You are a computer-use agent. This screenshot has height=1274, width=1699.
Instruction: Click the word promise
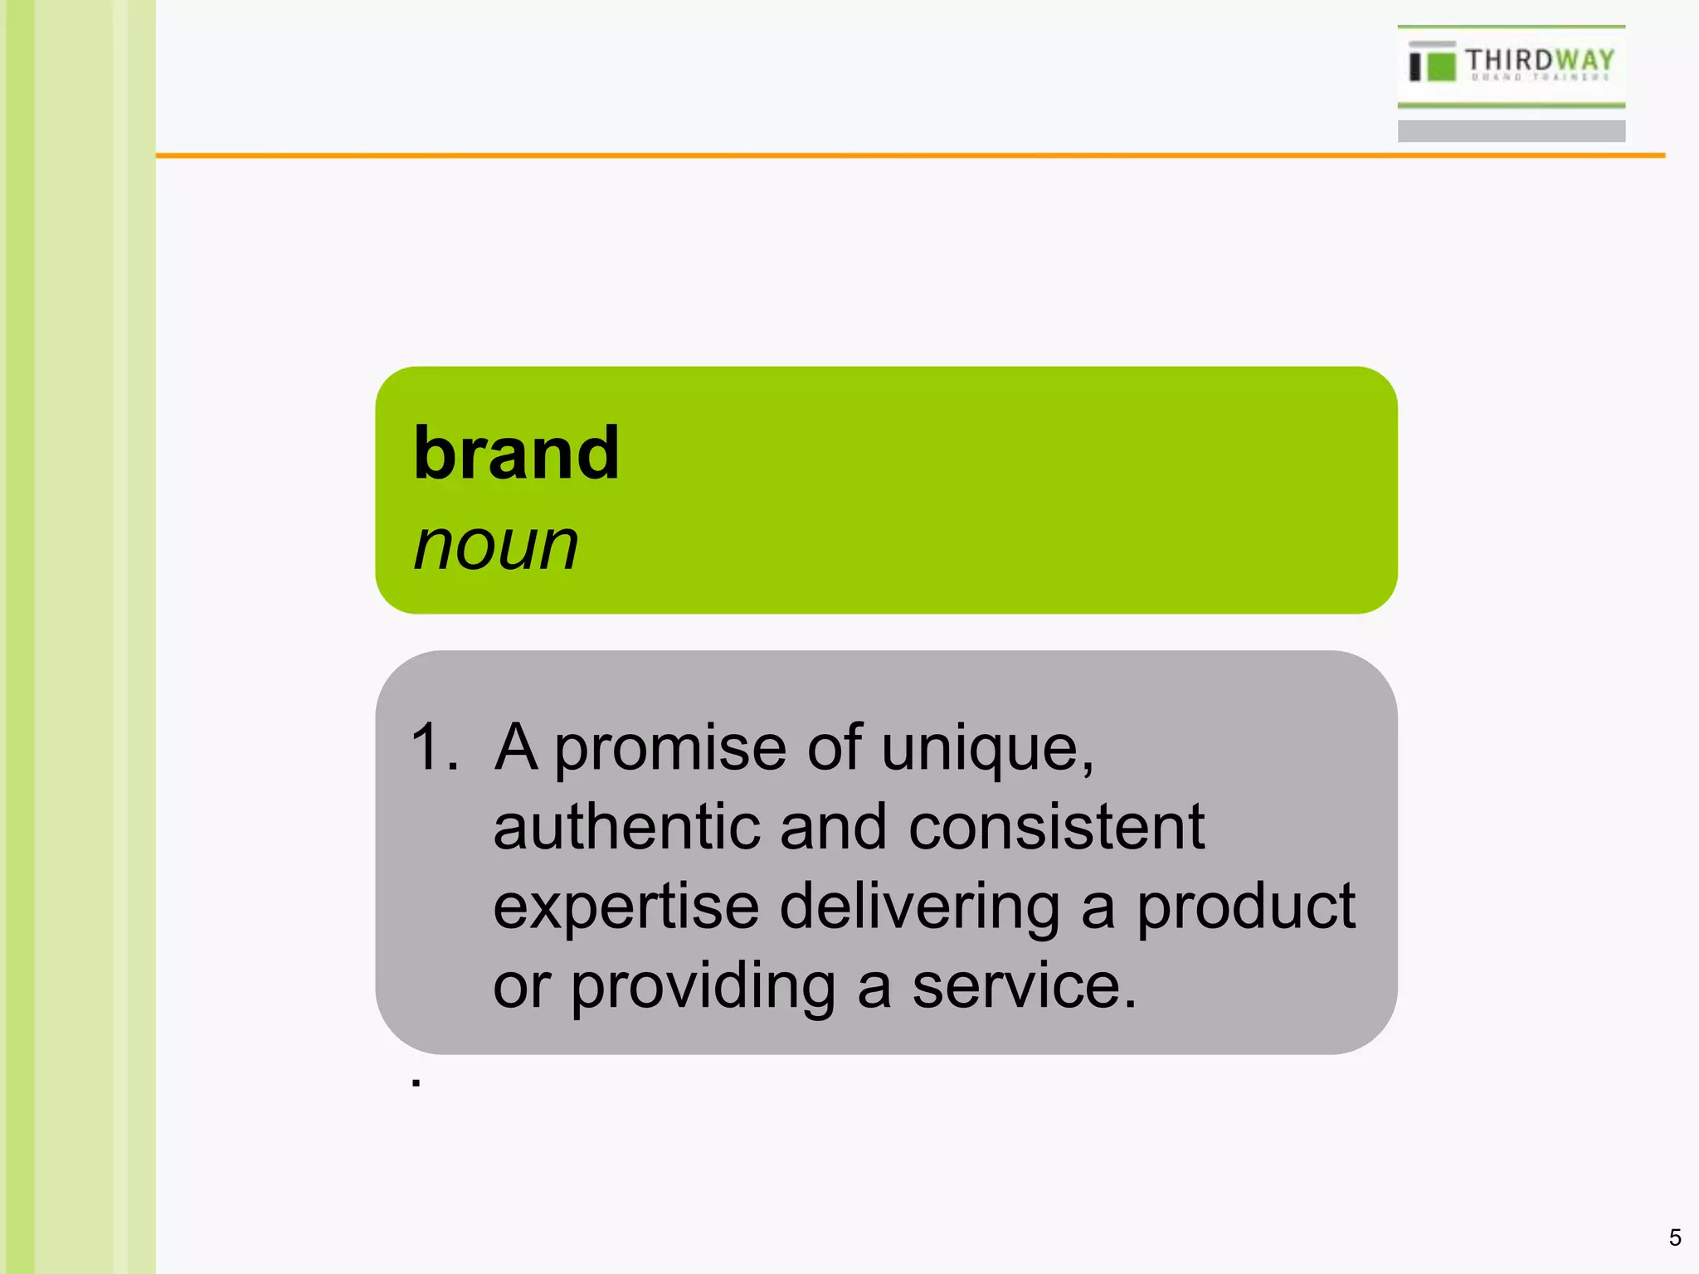coord(670,748)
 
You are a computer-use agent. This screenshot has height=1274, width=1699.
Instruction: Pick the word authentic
coord(626,827)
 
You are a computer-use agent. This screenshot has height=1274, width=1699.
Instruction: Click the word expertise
coord(626,907)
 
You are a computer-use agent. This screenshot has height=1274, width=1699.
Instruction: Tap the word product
coord(1245,907)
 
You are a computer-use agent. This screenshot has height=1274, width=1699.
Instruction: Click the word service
coord(1023,986)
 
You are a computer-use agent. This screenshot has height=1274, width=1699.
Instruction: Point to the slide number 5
coord(1675,1238)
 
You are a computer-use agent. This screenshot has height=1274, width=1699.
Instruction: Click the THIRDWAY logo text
coord(1540,61)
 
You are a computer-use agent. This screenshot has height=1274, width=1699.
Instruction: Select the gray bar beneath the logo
coord(1511,131)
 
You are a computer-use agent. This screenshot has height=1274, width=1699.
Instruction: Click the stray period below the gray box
coord(416,1082)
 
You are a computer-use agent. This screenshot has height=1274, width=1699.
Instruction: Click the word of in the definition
coord(834,748)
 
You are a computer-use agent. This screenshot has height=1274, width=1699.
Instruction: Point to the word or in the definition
coord(522,986)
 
